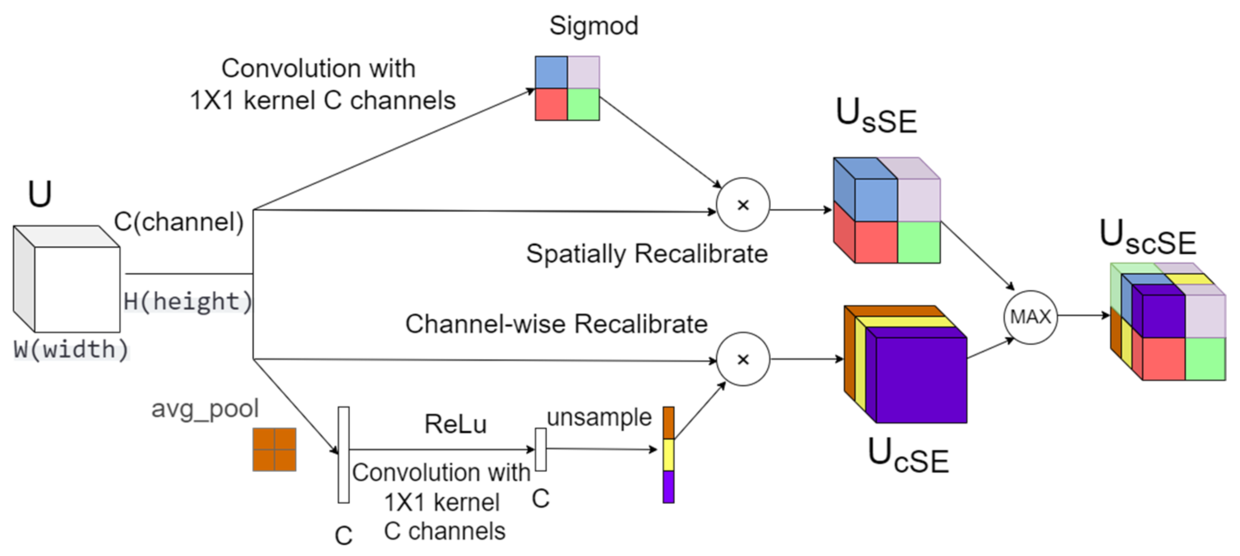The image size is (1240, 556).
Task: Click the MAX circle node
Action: [1030, 317]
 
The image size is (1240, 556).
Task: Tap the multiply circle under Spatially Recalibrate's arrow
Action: [743, 205]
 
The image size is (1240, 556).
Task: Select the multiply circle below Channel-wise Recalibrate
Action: [743, 359]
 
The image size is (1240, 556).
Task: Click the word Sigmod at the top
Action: [593, 25]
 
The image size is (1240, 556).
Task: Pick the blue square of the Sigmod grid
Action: [551, 72]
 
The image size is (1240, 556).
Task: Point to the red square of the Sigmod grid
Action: [551, 104]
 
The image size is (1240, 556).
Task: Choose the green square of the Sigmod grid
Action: [584, 104]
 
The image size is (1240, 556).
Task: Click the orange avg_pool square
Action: [274, 449]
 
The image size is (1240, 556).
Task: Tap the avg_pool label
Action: [205, 409]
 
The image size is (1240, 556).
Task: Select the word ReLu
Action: [455, 424]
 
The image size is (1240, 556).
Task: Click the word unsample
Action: [599, 417]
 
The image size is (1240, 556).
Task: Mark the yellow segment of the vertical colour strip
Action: [668, 454]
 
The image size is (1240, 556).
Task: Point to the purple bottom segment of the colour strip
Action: [668, 487]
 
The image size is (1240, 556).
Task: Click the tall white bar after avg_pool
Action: [343, 454]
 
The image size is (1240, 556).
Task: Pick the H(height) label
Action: [188, 302]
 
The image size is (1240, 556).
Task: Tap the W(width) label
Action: [71, 349]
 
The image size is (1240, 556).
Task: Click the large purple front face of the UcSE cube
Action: [921, 380]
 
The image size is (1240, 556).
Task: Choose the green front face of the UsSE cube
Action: [919, 242]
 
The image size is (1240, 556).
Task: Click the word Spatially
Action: [575, 254]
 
